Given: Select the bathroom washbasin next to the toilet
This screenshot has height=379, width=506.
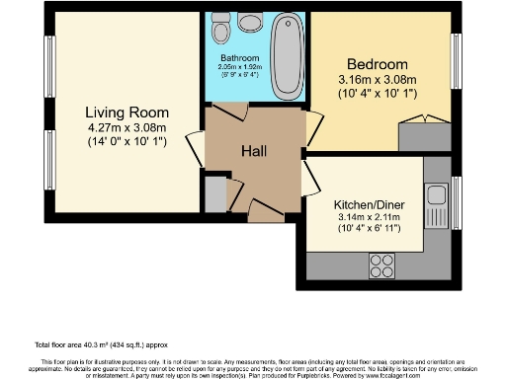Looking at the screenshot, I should click(x=219, y=24).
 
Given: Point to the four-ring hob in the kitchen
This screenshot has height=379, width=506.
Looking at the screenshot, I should click(x=381, y=264).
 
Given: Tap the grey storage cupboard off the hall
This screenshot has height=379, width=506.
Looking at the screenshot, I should click(x=214, y=192).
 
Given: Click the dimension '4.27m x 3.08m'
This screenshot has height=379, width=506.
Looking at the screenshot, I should click(x=126, y=126).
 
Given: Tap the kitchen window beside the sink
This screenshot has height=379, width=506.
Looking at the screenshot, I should click(x=456, y=202).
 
